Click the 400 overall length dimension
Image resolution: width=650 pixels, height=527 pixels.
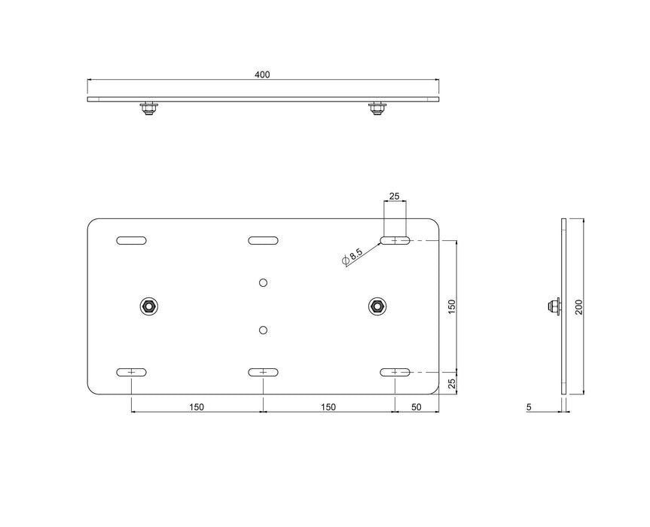pos(261,75)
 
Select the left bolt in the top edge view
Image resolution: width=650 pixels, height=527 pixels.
pos(148,108)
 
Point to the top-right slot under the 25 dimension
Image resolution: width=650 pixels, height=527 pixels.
pos(395,240)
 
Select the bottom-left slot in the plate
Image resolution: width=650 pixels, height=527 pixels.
pos(131,372)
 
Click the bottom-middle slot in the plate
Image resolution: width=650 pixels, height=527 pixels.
pos(263,372)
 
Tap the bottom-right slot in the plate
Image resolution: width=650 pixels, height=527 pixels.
pos(395,372)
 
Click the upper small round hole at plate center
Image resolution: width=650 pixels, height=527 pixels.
pos(263,282)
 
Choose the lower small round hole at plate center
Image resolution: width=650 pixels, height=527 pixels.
pos(263,330)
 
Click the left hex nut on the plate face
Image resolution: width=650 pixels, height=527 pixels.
pos(148,306)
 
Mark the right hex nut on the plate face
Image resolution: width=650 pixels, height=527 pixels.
pos(377,306)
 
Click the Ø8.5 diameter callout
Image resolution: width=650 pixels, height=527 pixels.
pos(352,255)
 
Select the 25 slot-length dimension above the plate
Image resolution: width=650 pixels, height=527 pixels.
pos(394,196)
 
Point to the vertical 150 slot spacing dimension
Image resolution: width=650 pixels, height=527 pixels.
pos(451,306)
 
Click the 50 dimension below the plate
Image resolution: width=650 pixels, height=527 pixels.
pos(417,407)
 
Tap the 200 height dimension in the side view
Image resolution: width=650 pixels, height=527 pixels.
pos(577,306)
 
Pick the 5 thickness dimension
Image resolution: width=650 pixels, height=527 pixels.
pos(529,407)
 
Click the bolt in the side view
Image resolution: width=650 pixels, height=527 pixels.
pos(554,306)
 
